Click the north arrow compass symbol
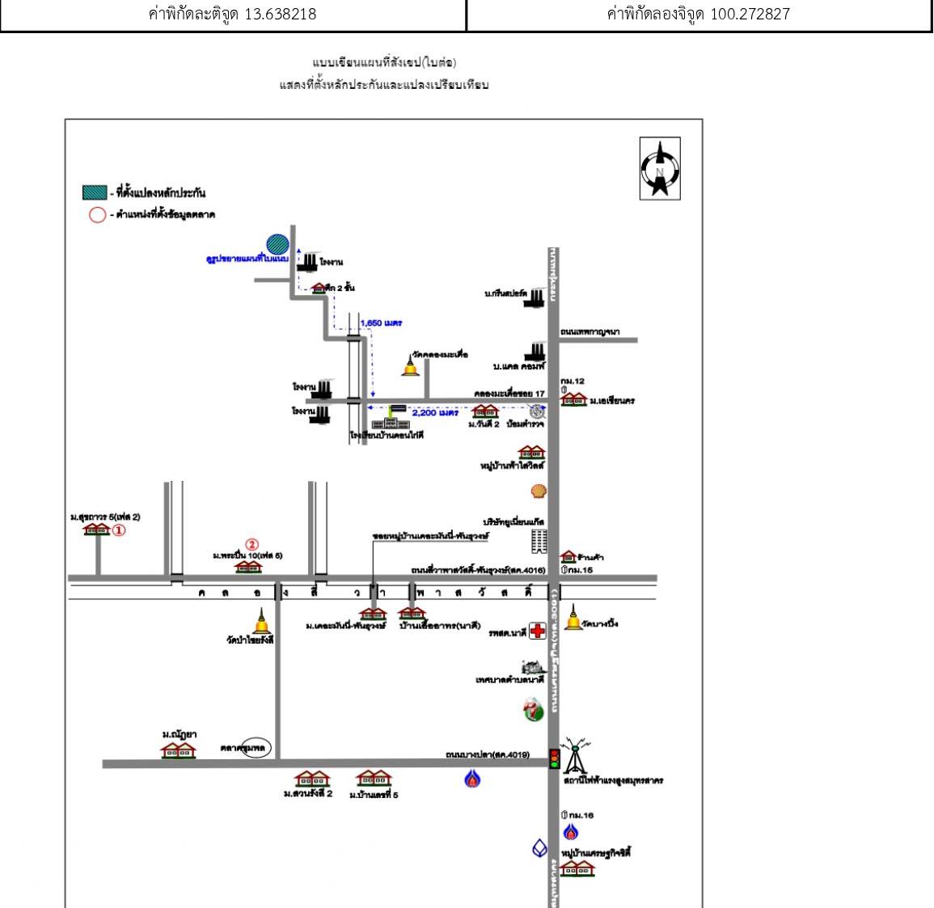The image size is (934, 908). (660, 168)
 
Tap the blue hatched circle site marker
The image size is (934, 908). (277, 243)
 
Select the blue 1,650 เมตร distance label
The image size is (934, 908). (381, 323)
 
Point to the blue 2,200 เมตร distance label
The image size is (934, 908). (435, 412)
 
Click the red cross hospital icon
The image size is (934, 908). (537, 631)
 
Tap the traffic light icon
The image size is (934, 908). (555, 758)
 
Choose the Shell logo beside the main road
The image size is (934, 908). (539, 491)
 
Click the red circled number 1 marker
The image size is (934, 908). (119, 530)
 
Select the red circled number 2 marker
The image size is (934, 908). (251, 545)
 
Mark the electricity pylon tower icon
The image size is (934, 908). (575, 755)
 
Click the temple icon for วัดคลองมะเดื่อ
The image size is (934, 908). (411, 366)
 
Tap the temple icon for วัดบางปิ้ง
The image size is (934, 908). (573, 618)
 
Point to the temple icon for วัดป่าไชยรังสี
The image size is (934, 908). (261, 623)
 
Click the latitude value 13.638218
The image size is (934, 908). (280, 15)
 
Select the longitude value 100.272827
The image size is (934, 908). (745, 15)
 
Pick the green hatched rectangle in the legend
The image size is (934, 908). (95, 192)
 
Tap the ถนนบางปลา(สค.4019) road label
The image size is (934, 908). (488, 755)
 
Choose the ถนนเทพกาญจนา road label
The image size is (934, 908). (590, 332)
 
